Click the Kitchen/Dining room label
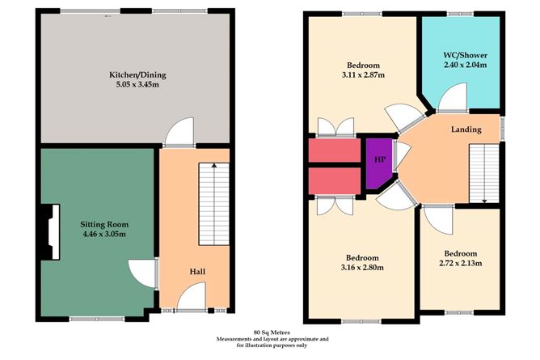pos(138,75)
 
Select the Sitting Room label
pos(104,224)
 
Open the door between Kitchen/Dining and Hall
pos(178,134)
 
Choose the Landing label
pos(466,129)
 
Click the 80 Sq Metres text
pos(270,332)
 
